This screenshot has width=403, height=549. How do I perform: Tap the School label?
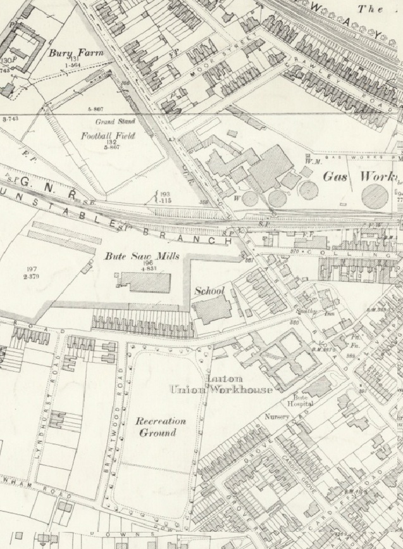(x=209, y=291)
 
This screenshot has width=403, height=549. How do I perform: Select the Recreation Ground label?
(x=163, y=427)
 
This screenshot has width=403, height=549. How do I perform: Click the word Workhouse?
(x=242, y=388)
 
